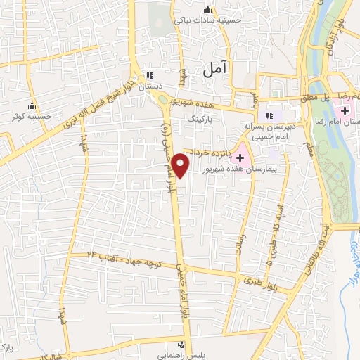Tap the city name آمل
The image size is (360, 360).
(x=215, y=69)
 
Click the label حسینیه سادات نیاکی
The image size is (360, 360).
(x=210, y=20)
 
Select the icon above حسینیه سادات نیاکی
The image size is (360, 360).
(x=207, y=9)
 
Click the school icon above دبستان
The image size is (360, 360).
(x=148, y=75)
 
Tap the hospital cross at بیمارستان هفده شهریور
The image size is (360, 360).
(x=240, y=157)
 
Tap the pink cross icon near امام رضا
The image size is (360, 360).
(x=345, y=111)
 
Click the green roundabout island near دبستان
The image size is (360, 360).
(x=162, y=98)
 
